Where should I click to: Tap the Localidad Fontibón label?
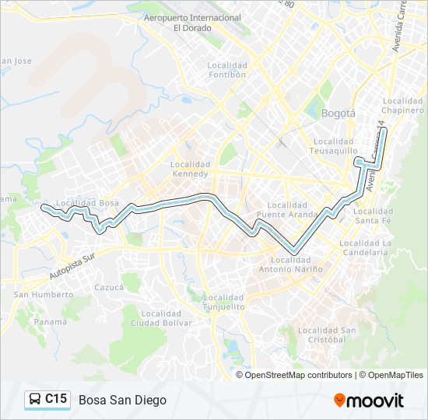227,70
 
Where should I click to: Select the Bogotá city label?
338,113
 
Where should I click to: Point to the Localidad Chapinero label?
403,106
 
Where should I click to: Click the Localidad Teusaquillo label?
334,146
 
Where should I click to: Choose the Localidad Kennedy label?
191,170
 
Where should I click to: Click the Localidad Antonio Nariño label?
296,264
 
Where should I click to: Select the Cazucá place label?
109,287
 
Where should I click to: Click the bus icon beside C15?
36,400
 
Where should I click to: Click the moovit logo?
369,401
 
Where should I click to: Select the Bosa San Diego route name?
122,400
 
